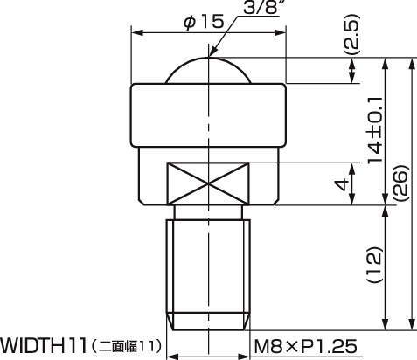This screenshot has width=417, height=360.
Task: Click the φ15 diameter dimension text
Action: point(206,21)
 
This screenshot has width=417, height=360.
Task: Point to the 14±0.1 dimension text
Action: point(375,131)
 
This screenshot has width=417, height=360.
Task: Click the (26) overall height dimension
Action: point(400,184)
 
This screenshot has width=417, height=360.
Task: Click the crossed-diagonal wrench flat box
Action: point(210,184)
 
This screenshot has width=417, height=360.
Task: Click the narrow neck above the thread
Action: point(210,212)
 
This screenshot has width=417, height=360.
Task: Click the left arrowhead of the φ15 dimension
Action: point(136,31)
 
